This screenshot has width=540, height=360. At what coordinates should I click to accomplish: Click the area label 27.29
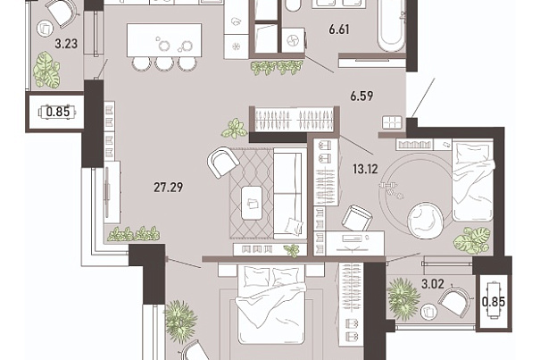point(168,188)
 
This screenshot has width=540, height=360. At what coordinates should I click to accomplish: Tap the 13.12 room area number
point(365,169)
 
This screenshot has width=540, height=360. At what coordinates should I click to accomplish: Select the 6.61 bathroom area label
point(339,29)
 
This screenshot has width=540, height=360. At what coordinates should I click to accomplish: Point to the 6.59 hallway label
point(361,96)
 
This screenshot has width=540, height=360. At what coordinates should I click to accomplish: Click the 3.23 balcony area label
point(66,44)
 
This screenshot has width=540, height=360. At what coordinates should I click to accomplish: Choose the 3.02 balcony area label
point(433,284)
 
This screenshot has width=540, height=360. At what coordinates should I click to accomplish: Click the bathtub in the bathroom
point(391,25)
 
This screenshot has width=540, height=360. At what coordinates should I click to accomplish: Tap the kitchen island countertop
point(164,40)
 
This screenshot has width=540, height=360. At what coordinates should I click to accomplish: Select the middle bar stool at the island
point(164,63)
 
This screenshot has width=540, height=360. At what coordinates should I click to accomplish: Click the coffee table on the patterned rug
point(252,203)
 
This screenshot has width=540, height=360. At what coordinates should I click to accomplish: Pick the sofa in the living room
point(289,194)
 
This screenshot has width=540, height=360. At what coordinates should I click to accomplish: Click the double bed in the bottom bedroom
point(271,304)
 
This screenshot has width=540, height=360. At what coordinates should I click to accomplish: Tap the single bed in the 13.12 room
point(472,180)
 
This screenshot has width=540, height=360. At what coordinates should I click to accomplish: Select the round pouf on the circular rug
point(425,220)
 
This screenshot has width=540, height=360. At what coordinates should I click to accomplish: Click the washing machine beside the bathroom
point(294,40)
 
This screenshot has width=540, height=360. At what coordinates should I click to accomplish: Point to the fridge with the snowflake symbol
point(237,46)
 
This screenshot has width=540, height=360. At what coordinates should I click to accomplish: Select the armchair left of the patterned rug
point(223,162)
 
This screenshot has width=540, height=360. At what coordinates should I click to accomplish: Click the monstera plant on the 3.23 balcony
point(46,70)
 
